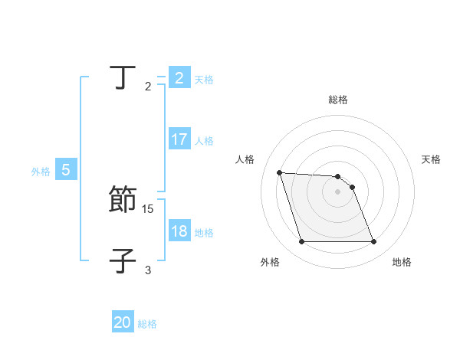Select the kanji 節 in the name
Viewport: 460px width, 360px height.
pyautogui.click(x=123, y=200)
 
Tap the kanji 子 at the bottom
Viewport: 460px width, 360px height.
pyautogui.click(x=123, y=261)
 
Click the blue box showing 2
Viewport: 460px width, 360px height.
pyautogui.click(x=179, y=78)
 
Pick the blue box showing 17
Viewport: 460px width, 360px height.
pyautogui.click(x=179, y=140)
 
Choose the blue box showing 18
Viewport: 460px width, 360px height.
pyautogui.click(x=179, y=232)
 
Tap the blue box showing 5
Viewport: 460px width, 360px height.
pyautogui.click(x=66, y=171)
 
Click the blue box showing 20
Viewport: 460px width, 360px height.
pyautogui.click(x=123, y=322)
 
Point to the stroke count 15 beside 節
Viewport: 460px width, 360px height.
pyautogui.click(x=148, y=208)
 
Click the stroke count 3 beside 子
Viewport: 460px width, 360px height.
pyautogui.click(x=148, y=270)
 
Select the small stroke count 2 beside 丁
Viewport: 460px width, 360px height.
pyautogui.click(x=148, y=87)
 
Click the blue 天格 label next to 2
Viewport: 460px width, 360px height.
pyautogui.click(x=204, y=79)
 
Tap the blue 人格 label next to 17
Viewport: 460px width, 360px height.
pyautogui.click(x=204, y=141)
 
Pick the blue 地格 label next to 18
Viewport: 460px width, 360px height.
pyautogui.click(x=204, y=233)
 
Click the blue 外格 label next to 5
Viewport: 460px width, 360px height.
pyautogui.click(x=41, y=172)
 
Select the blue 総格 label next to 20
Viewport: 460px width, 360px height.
pyautogui.click(x=147, y=324)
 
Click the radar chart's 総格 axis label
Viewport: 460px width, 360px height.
pyautogui.click(x=338, y=100)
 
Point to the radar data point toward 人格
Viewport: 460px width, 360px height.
pyautogui.click(x=279, y=172)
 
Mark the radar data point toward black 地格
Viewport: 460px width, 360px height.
pyautogui.click(x=373, y=242)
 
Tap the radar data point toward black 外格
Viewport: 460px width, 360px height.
pyautogui.click(x=301, y=242)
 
